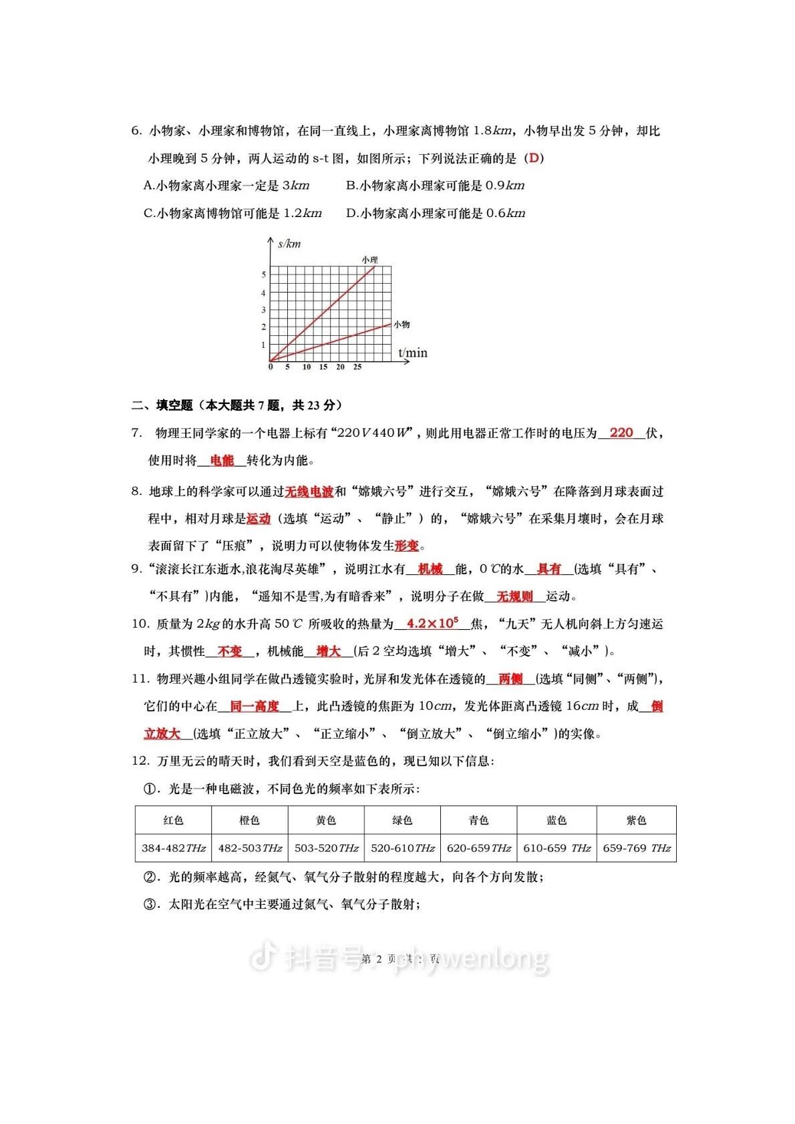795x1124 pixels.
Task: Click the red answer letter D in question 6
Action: click(x=533, y=158)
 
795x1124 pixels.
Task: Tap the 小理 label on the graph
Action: click(x=369, y=259)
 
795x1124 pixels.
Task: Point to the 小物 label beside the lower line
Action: click(x=402, y=325)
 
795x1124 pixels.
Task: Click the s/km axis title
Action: click(x=289, y=244)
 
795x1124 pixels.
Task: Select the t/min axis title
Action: click(x=413, y=352)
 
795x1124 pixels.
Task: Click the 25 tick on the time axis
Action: click(x=357, y=367)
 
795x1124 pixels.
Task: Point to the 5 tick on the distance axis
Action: click(x=263, y=274)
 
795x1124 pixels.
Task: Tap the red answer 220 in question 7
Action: click(x=621, y=433)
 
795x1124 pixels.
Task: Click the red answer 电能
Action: click(x=222, y=460)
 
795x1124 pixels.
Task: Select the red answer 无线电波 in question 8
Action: click(x=309, y=492)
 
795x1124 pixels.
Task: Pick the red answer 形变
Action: click(x=406, y=546)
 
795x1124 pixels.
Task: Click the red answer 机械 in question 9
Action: click(x=430, y=569)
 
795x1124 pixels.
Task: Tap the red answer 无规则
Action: click(x=514, y=596)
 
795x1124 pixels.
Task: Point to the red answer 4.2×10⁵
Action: click(x=432, y=624)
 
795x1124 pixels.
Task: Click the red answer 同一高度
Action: click(x=254, y=706)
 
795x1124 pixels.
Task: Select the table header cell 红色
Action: click(x=173, y=820)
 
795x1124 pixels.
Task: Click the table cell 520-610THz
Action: click(x=402, y=848)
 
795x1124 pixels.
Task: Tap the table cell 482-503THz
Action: click(x=250, y=848)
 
